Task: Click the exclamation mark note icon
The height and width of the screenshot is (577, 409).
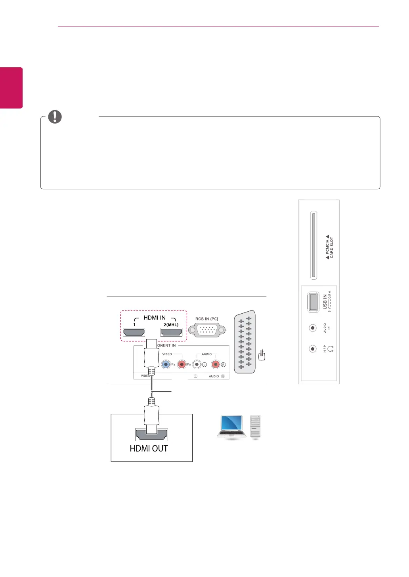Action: [x=55, y=116]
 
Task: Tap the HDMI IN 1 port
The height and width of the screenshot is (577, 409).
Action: [x=134, y=332]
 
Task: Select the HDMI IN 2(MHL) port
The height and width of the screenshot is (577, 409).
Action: [x=171, y=332]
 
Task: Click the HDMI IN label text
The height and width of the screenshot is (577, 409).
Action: [x=155, y=318]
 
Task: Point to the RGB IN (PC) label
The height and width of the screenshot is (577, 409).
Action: [x=206, y=319]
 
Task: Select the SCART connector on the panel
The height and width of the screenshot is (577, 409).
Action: [x=245, y=342]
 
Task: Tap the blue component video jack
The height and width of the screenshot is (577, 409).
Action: [x=166, y=364]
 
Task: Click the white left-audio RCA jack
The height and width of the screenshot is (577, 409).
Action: [x=197, y=364]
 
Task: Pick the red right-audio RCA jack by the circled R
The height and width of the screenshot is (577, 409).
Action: [x=216, y=364]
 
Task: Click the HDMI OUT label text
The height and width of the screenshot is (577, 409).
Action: [x=149, y=448]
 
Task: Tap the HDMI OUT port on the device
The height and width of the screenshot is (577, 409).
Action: [x=151, y=435]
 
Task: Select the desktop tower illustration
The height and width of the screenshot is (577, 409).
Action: [x=256, y=427]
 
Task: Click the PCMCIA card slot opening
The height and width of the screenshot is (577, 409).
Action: [x=313, y=245]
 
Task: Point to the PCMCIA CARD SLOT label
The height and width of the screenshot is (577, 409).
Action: [x=329, y=248]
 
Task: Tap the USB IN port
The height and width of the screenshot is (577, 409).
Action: [x=313, y=302]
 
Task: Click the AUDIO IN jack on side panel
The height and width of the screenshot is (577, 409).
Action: [x=313, y=328]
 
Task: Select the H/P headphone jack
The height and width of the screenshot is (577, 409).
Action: [x=313, y=349]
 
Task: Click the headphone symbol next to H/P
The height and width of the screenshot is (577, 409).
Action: [x=331, y=349]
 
